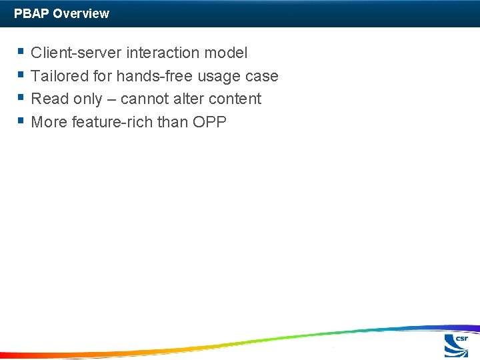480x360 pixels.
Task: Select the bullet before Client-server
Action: pyautogui.click(x=21, y=51)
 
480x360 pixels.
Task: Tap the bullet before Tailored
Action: pyautogui.click(x=21, y=75)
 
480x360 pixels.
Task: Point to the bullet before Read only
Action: pyautogui.click(x=21, y=98)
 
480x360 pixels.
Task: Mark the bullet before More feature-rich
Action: pyautogui.click(x=21, y=121)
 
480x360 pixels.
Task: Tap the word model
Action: pyautogui.click(x=226, y=53)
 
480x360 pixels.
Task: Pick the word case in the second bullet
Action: pyautogui.click(x=261, y=77)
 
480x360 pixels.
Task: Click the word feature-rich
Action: pyautogui.click(x=113, y=123)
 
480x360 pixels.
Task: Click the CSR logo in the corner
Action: pyautogui.click(x=457, y=345)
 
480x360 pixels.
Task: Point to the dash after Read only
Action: pyautogui.click(x=111, y=99)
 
